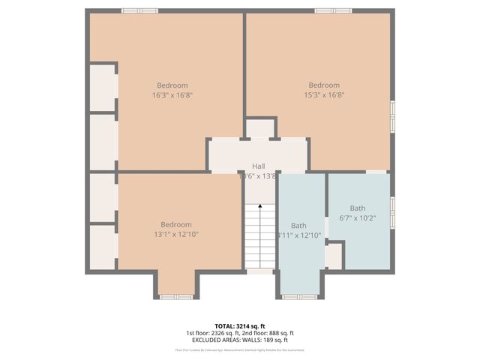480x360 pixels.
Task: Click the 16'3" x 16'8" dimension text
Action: click(172, 95)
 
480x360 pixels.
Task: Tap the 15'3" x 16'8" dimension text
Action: click(324, 95)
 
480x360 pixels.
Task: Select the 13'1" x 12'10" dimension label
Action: click(176, 234)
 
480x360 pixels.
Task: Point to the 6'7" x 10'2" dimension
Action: click(358, 218)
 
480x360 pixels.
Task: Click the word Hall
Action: click(258, 166)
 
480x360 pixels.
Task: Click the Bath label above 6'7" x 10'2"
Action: click(358, 208)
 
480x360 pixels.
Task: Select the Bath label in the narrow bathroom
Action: click(298, 225)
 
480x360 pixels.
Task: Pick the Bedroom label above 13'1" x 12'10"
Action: click(176, 224)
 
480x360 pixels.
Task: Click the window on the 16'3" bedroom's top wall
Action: click(140, 10)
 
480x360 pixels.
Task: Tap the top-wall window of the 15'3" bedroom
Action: click(333, 10)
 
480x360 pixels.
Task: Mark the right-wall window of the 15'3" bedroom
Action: click(391, 116)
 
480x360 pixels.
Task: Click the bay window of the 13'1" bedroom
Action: click(177, 297)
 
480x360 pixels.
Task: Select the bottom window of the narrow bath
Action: click(300, 297)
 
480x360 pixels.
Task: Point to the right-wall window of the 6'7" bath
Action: click(391, 211)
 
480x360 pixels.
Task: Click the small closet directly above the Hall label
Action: click(261, 128)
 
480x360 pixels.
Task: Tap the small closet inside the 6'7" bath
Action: click(334, 255)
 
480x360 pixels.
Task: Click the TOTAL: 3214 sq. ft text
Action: click(240, 326)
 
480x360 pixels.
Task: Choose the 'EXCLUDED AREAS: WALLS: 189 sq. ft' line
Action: click(240, 340)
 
